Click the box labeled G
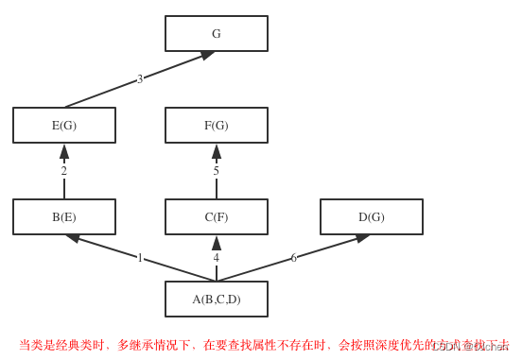(216, 33)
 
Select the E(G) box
(64, 125)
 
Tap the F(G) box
(216, 125)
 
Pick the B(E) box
(64, 216)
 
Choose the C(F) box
(216, 216)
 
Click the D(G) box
(371, 216)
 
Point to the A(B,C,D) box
(216, 299)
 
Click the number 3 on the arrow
(140, 79)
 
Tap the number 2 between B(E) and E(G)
(64, 171)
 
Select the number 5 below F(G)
(216, 171)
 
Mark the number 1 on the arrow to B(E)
(140, 258)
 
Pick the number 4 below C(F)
(216, 258)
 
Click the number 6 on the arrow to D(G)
(293, 258)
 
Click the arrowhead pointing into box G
(207, 55)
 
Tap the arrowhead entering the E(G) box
(64, 151)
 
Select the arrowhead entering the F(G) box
(217, 151)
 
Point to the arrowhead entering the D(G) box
(362, 238)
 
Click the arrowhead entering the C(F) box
(217, 243)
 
